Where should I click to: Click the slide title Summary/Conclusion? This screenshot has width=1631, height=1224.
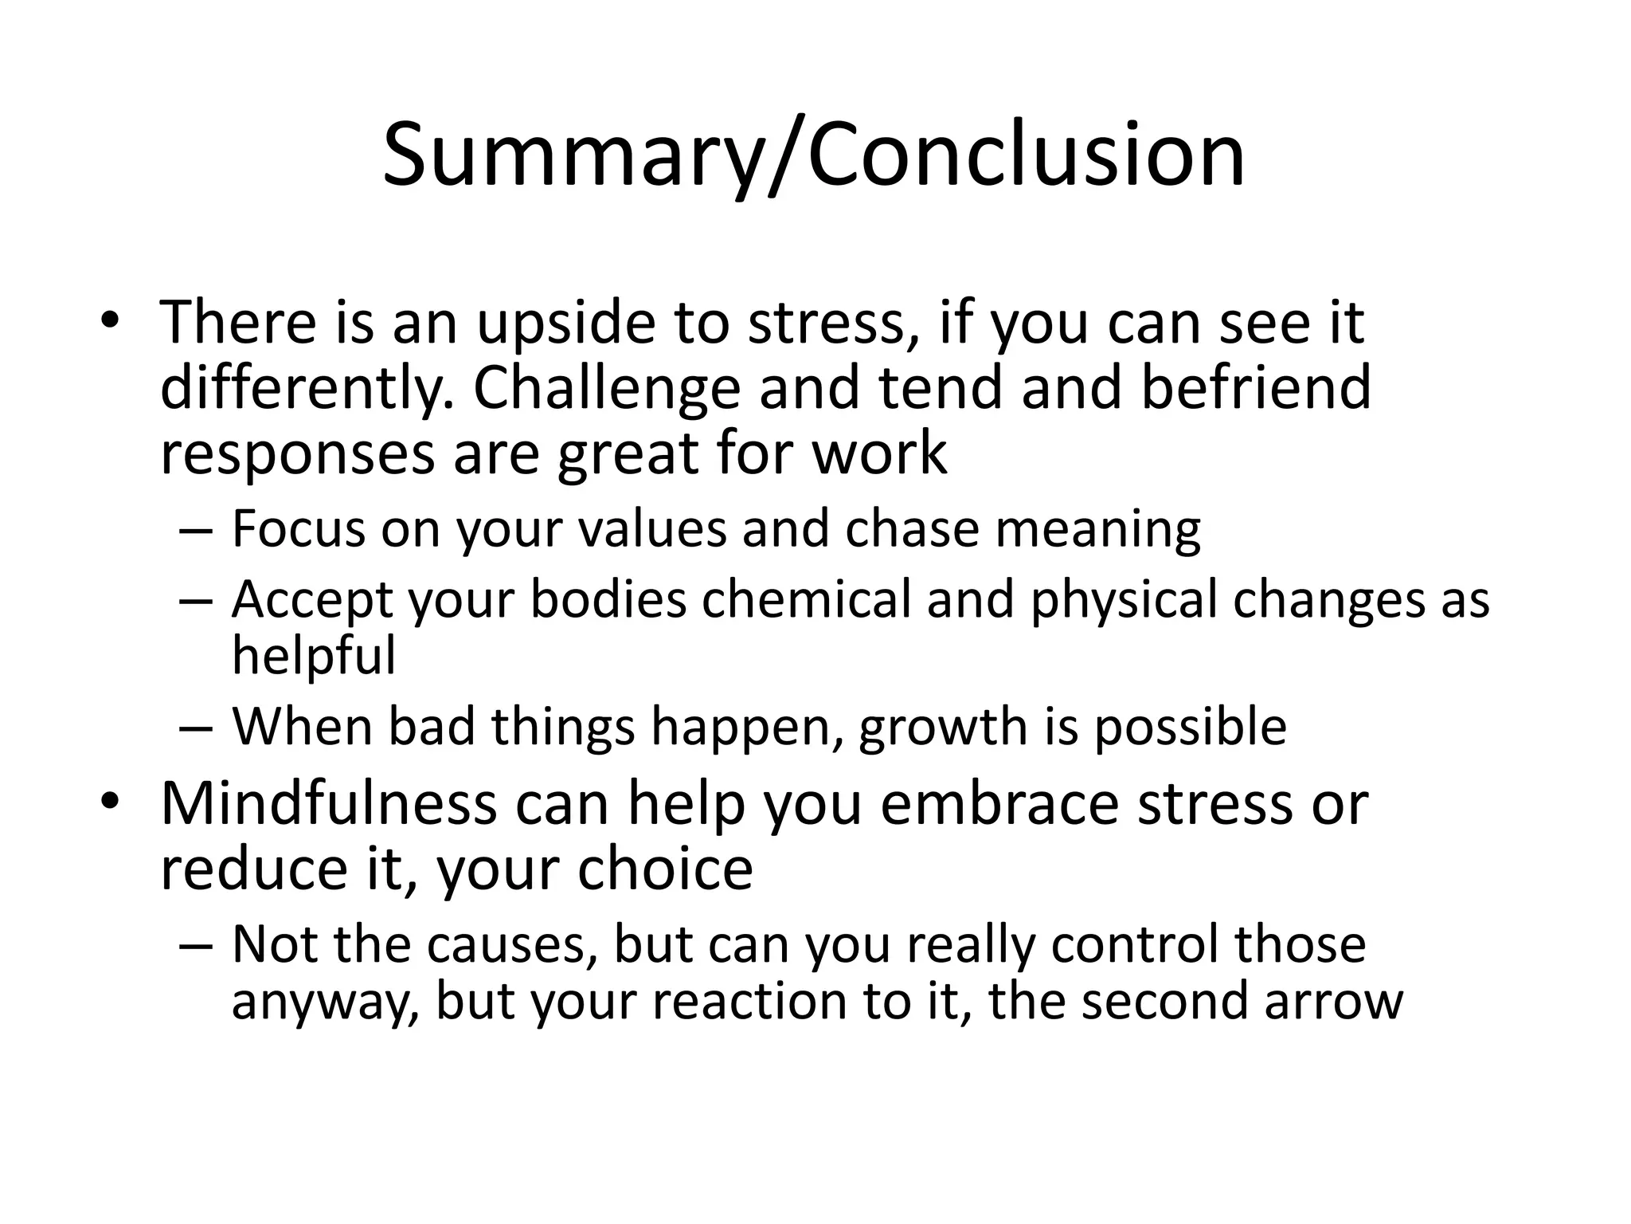(x=814, y=155)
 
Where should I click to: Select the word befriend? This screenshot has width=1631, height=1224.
(x=1256, y=388)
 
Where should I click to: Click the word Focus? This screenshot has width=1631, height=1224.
(x=298, y=529)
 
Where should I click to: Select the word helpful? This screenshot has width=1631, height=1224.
(x=313, y=657)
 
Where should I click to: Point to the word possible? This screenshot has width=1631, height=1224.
(x=1190, y=728)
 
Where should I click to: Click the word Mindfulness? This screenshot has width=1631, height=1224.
(x=328, y=803)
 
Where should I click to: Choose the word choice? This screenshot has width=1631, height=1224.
(x=665, y=869)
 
